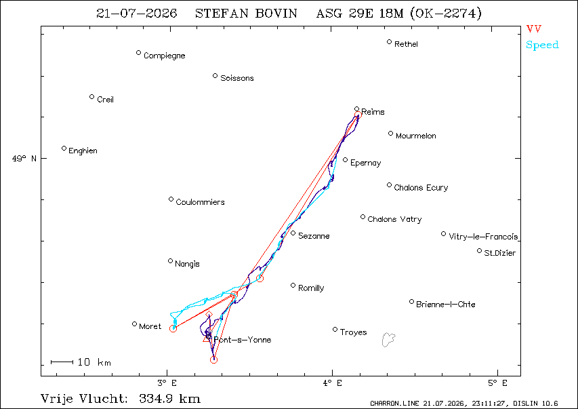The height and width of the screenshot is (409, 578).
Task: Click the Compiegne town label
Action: (x=165, y=56)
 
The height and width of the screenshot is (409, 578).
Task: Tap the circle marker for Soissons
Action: (x=215, y=76)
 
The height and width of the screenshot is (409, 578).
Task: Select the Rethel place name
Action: (x=406, y=44)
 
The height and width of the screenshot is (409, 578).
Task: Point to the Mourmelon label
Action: (x=416, y=136)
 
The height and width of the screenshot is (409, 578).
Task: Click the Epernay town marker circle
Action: (x=346, y=160)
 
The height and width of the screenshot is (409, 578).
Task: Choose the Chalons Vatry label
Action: (x=394, y=219)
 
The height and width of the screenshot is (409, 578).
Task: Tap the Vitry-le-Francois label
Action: (x=483, y=237)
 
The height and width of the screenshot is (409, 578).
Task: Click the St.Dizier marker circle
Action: (x=479, y=251)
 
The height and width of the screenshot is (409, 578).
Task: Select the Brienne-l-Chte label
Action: (x=446, y=305)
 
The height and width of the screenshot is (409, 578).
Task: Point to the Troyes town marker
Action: (x=335, y=329)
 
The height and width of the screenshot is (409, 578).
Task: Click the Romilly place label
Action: (x=311, y=288)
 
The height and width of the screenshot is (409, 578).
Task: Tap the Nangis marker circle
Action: (x=170, y=261)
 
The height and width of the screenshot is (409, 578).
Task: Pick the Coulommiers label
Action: (x=200, y=202)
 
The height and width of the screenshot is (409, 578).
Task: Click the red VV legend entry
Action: (x=534, y=28)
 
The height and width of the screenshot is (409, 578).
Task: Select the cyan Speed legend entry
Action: (x=542, y=45)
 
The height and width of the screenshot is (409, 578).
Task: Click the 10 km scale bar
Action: (x=62, y=362)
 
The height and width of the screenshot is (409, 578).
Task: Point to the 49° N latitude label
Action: (x=24, y=159)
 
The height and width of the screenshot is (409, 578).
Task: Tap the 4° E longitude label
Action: (x=333, y=383)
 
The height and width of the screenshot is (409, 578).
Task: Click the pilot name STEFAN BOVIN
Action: (x=246, y=14)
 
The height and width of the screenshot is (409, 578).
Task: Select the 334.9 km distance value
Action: (x=170, y=399)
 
